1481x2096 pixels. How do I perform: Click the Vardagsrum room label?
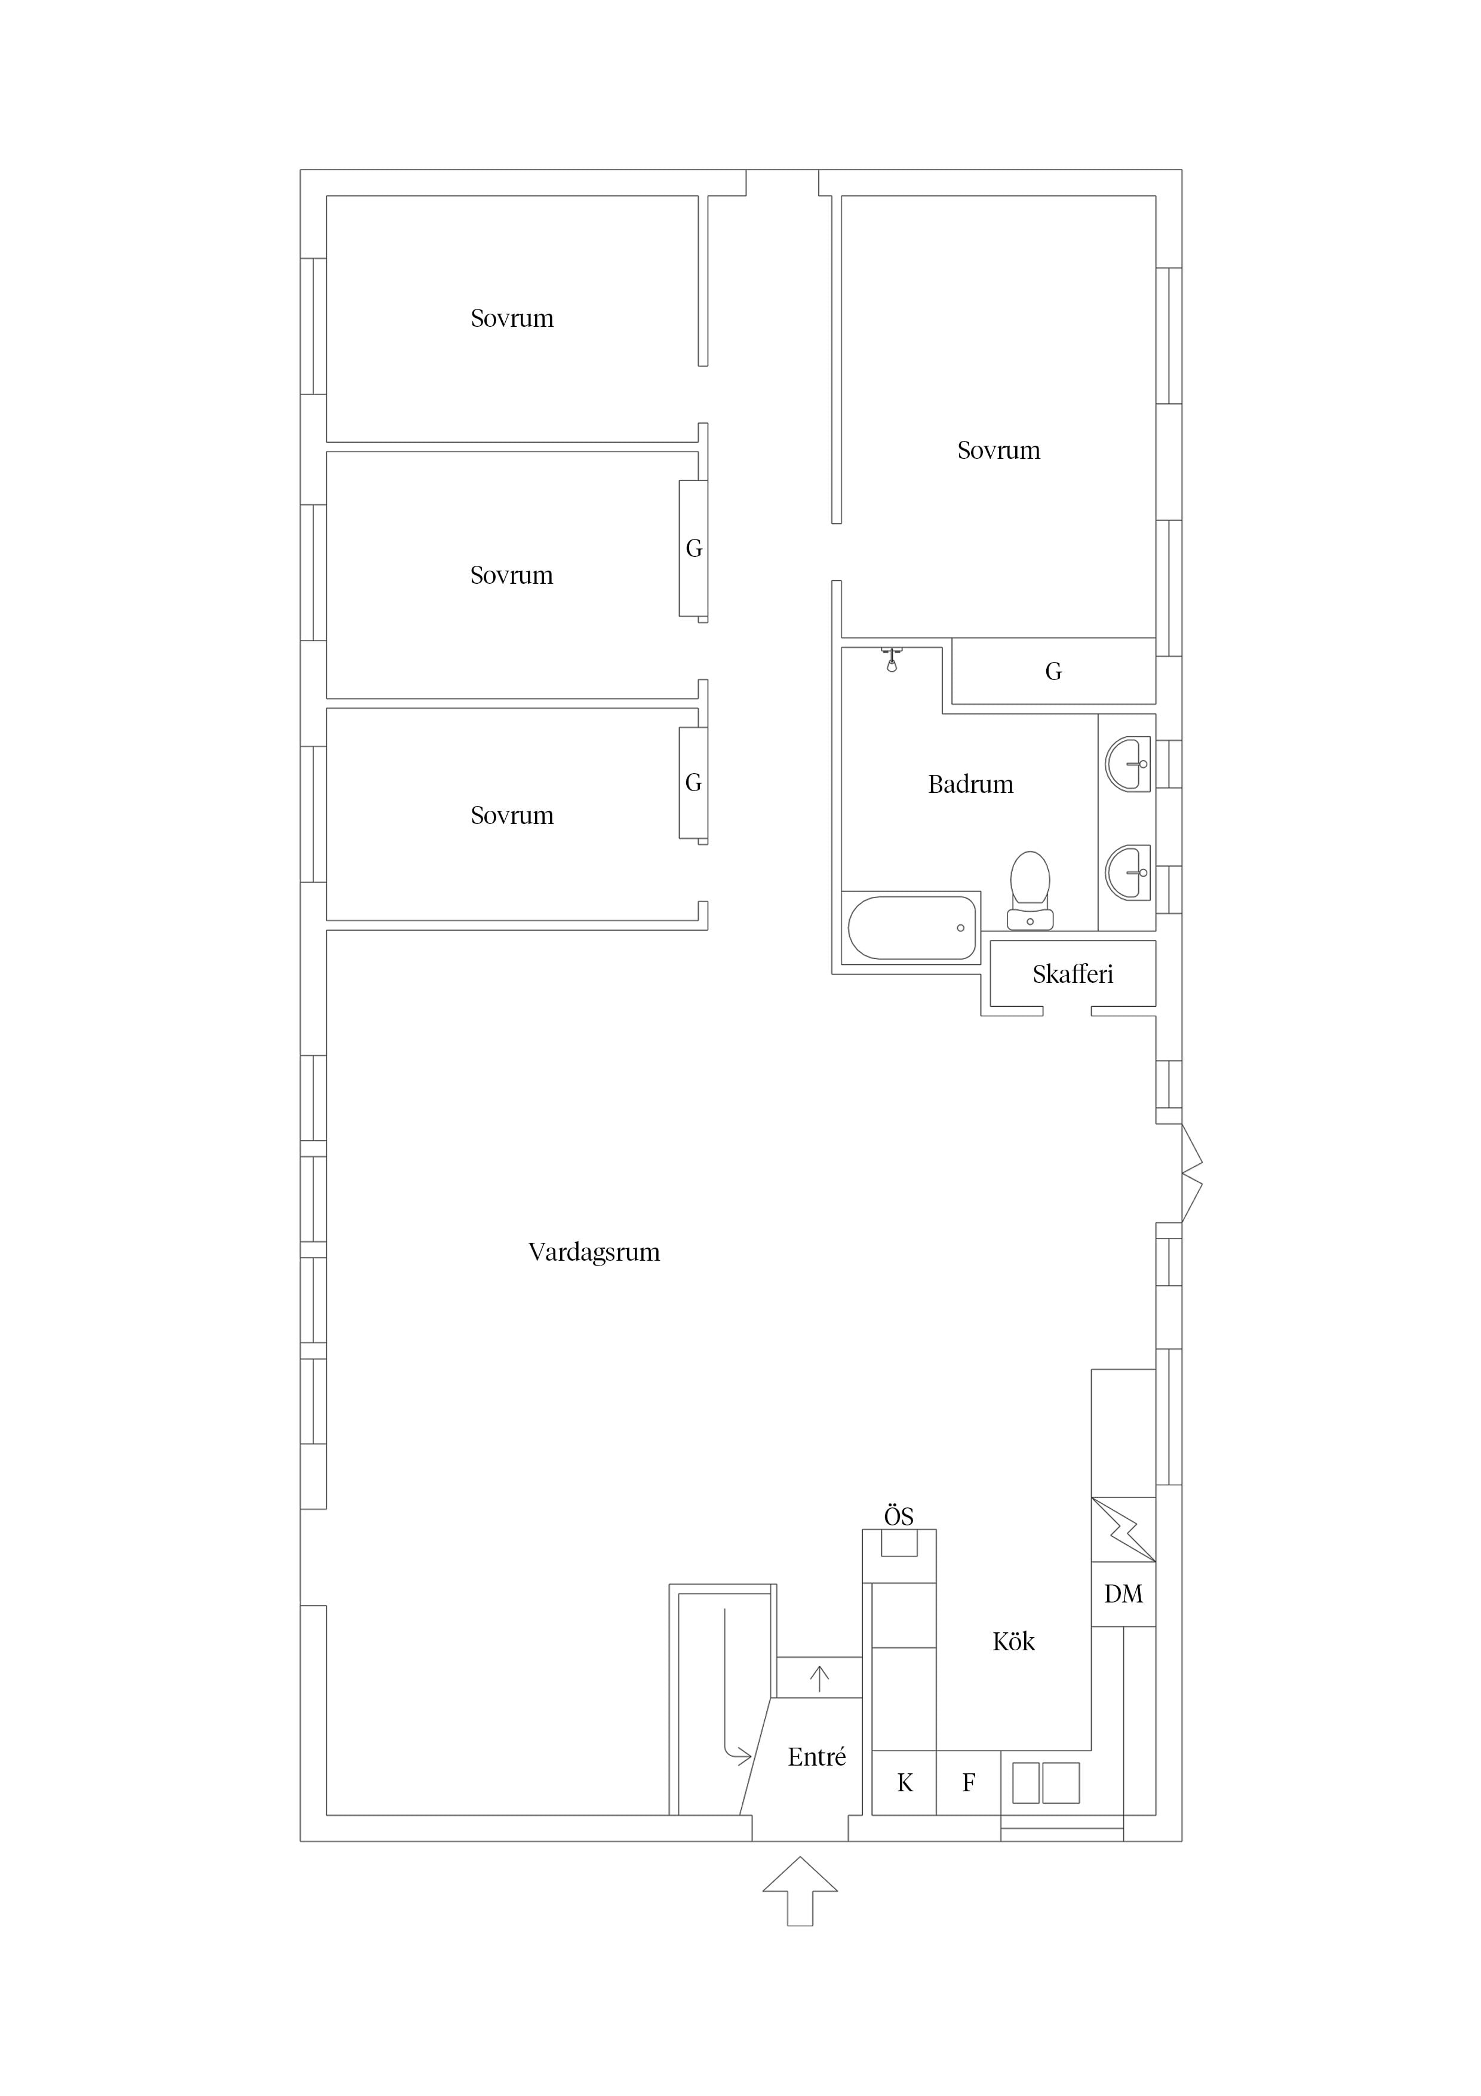pyautogui.click(x=594, y=1252)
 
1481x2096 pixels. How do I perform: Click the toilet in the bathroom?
pyautogui.click(x=1030, y=891)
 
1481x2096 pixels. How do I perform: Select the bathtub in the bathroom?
pyautogui.click(x=912, y=927)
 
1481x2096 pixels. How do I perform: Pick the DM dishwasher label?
pyautogui.click(x=1123, y=1594)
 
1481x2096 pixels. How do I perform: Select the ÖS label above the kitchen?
pyautogui.click(x=899, y=1516)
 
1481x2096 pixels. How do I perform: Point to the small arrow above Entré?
pyautogui.click(x=819, y=1679)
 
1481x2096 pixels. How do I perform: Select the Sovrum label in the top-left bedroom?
pyautogui.click(x=512, y=318)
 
